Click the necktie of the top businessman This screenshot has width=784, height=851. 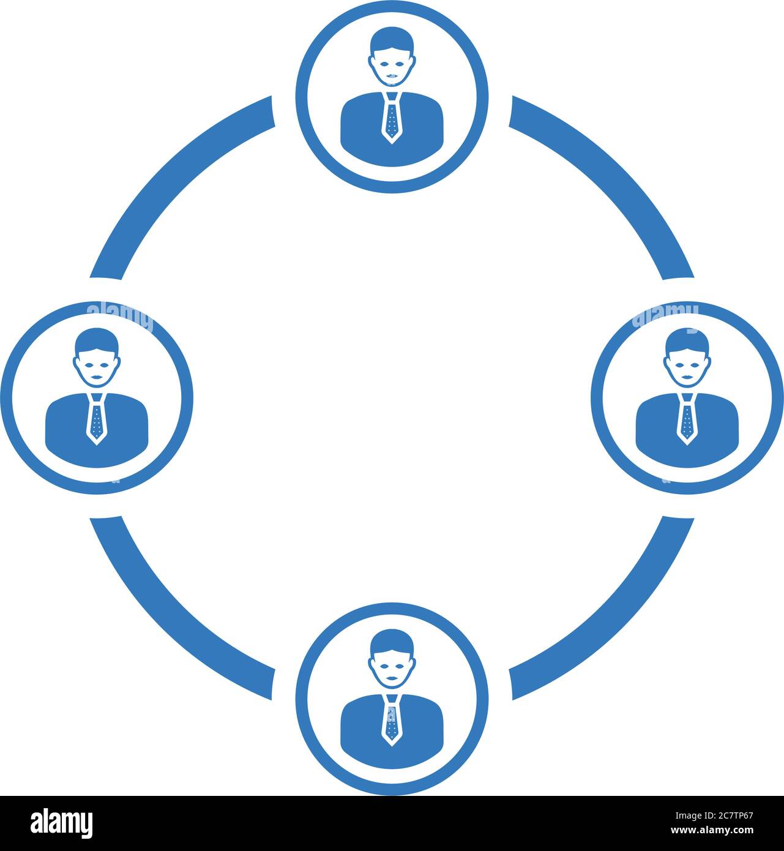point(392,118)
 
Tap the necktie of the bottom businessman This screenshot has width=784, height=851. point(392,721)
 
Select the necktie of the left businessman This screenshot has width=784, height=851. point(96,419)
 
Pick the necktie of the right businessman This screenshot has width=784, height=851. point(687,419)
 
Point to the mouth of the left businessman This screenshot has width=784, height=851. point(97,377)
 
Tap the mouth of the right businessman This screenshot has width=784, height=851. point(688,377)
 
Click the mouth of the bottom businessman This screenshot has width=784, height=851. point(392,678)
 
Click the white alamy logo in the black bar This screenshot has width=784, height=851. point(62,823)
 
